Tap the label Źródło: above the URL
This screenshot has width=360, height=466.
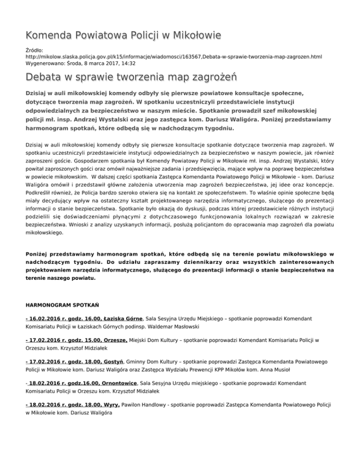[x=34, y=49]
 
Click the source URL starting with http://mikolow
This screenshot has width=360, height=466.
[x=173, y=56]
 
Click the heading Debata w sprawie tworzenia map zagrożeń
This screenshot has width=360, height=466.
[x=131, y=77]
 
